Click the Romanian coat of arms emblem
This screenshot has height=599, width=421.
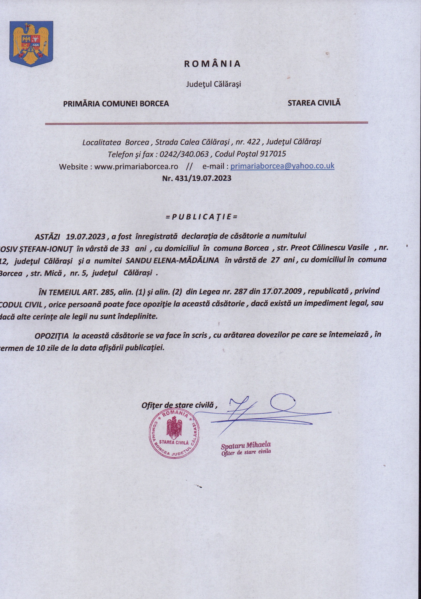click(31, 44)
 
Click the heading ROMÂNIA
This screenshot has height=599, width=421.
click(212, 64)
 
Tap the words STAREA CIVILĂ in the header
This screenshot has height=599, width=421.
click(314, 103)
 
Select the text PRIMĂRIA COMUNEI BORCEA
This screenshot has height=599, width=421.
click(116, 104)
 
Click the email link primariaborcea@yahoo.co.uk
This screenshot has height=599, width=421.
click(282, 166)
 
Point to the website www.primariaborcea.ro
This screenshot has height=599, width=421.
click(136, 166)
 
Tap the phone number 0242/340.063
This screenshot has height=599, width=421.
click(184, 154)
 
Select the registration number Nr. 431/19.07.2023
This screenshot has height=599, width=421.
click(197, 178)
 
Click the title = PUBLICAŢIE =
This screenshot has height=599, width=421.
click(202, 217)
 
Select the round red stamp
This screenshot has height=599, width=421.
click(174, 434)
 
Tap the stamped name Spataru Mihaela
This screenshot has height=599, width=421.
click(246, 444)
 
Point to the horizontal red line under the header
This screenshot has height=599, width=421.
click(206, 123)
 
